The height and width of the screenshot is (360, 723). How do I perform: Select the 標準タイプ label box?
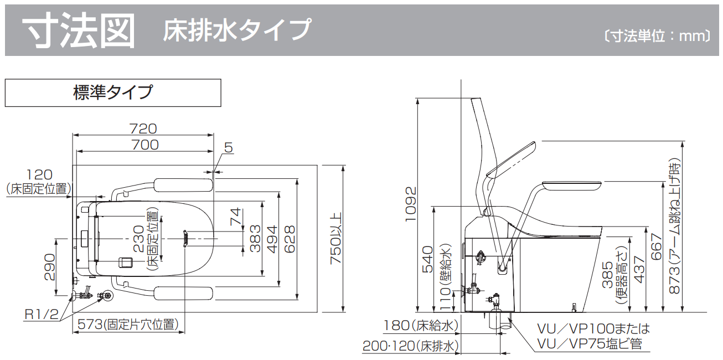coord(113,92)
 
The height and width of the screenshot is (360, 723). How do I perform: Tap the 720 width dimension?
coord(143,128)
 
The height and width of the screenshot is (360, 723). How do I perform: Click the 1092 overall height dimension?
coord(410,203)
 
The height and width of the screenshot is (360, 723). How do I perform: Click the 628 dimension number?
coord(289,239)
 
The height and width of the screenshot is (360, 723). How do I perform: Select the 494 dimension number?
coord(271,239)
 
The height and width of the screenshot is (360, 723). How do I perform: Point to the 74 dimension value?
coord(236,216)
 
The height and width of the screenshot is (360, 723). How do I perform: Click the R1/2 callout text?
coord(42,315)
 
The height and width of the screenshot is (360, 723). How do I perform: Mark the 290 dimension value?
coord(49,267)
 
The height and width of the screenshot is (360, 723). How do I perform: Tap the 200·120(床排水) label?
coord(411,346)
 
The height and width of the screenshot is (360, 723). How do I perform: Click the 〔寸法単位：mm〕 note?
coord(657,37)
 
